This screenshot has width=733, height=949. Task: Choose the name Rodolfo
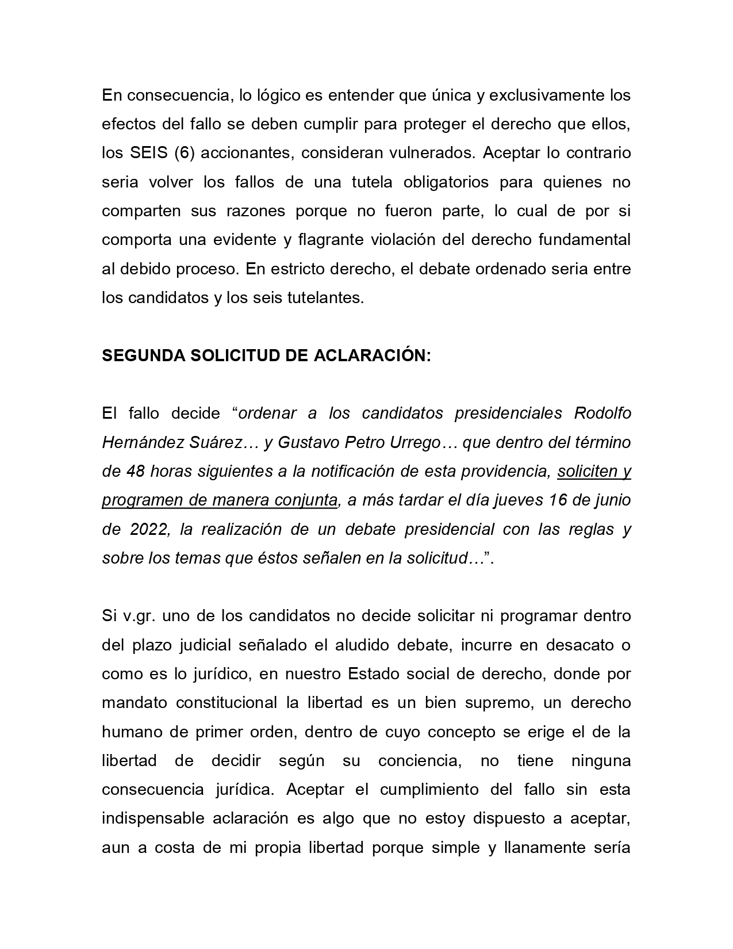point(602,414)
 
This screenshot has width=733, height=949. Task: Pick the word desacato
point(578,645)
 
